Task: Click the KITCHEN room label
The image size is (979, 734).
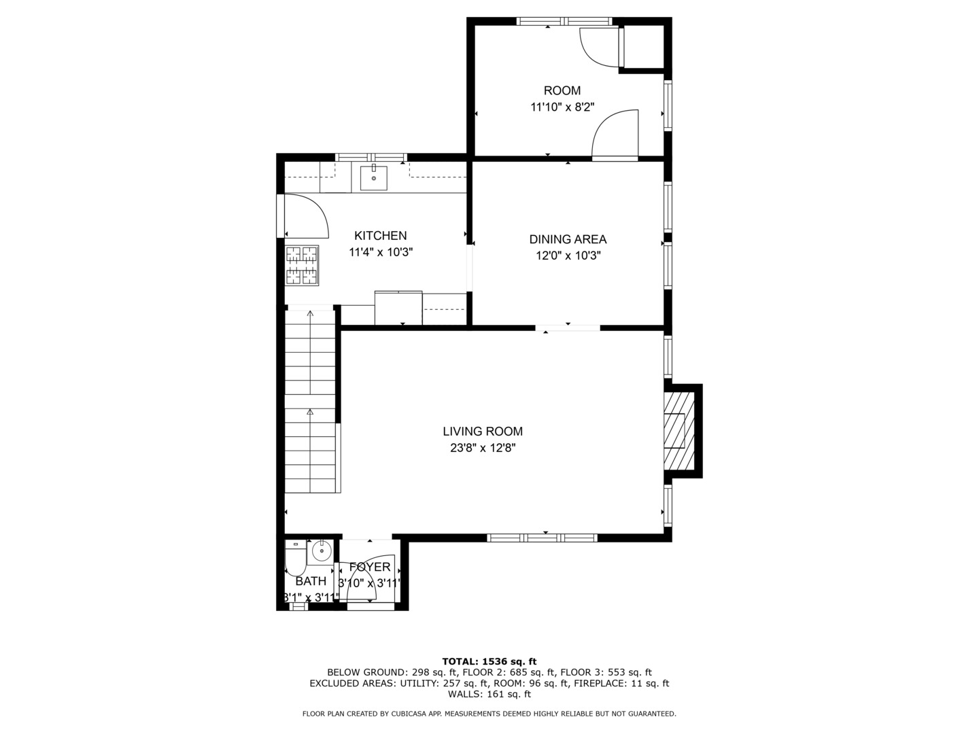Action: click(380, 236)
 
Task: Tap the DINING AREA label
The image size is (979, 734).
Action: click(568, 239)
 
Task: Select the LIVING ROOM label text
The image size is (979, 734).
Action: click(483, 432)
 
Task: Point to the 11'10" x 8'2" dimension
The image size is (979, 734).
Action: click(562, 107)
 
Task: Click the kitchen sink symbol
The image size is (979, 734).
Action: click(373, 178)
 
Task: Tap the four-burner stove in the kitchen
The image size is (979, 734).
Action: click(302, 265)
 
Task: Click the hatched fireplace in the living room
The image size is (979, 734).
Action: click(680, 431)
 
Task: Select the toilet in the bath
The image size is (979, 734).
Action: click(295, 559)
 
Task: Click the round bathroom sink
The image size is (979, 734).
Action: click(321, 550)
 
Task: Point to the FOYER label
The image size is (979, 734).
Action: click(370, 567)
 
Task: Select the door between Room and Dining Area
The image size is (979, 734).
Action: click(616, 136)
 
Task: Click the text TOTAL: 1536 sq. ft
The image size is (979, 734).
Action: click(489, 661)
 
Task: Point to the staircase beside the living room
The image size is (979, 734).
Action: click(311, 401)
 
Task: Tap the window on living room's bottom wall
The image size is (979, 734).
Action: click(542, 538)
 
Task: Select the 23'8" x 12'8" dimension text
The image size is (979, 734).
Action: click(483, 448)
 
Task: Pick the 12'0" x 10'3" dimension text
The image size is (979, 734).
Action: click(568, 256)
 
